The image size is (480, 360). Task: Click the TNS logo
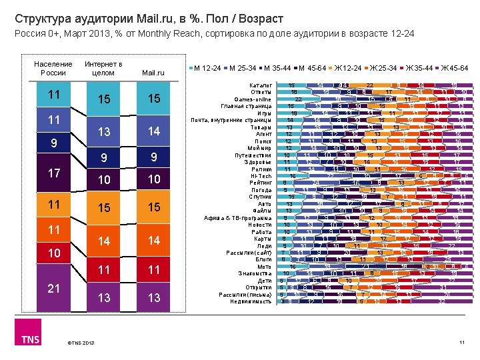pyautogui.click(x=31, y=338)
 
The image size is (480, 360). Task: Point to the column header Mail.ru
pyautogui.click(x=153, y=72)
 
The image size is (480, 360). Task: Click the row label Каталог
pyautogui.click(x=260, y=85)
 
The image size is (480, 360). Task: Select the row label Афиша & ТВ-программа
pyautogui.click(x=238, y=218)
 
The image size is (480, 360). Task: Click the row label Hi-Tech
pyautogui.click(x=261, y=176)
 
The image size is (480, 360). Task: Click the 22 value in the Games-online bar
pyautogui.click(x=298, y=99)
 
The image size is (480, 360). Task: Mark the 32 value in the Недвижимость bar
pyautogui.click(x=442, y=301)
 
